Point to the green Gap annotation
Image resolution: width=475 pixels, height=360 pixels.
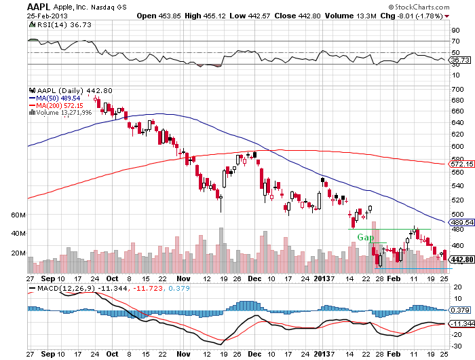366,238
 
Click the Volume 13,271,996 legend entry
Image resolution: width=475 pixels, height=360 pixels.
64,113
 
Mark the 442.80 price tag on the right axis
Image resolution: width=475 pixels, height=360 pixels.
461,259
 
